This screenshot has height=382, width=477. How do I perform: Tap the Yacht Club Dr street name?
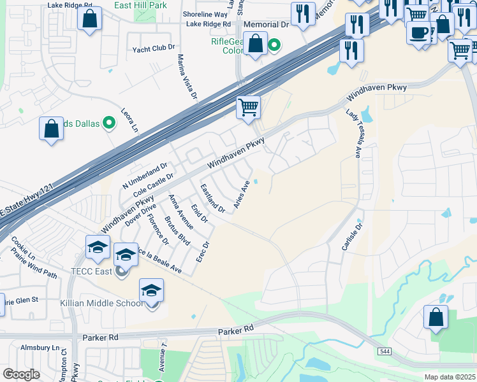(x=153, y=48)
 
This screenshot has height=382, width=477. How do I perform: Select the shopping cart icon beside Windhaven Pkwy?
(x=248, y=107)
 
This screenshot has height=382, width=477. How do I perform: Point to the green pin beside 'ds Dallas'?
(x=108, y=123)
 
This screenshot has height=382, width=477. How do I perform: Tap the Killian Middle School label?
(x=102, y=303)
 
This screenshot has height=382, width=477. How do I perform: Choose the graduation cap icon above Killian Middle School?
(x=151, y=290)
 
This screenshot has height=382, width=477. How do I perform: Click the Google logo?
(x=21, y=374)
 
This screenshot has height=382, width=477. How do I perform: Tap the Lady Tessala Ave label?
(x=353, y=132)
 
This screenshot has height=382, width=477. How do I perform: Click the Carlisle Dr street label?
(x=351, y=236)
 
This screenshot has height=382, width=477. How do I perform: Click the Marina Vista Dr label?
(x=187, y=76)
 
